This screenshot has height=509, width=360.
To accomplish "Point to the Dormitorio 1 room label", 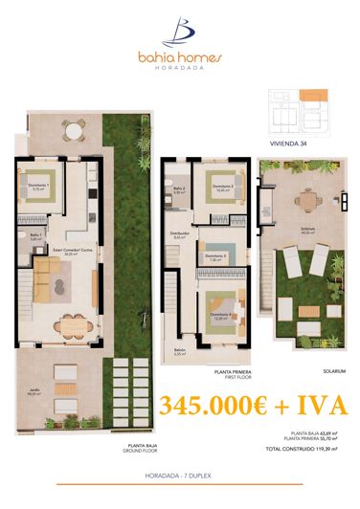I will point(39,188).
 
